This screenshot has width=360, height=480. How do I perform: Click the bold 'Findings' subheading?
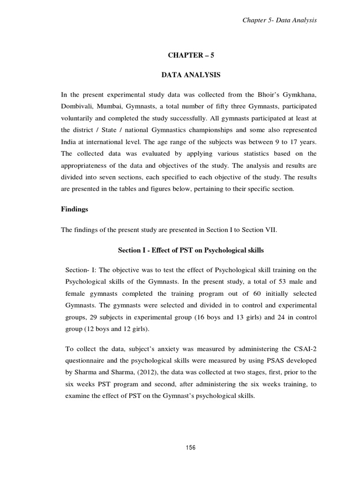coord(75,210)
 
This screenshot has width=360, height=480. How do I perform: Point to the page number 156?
coord(190,448)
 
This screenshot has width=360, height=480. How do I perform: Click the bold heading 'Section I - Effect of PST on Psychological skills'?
coord(190,250)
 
